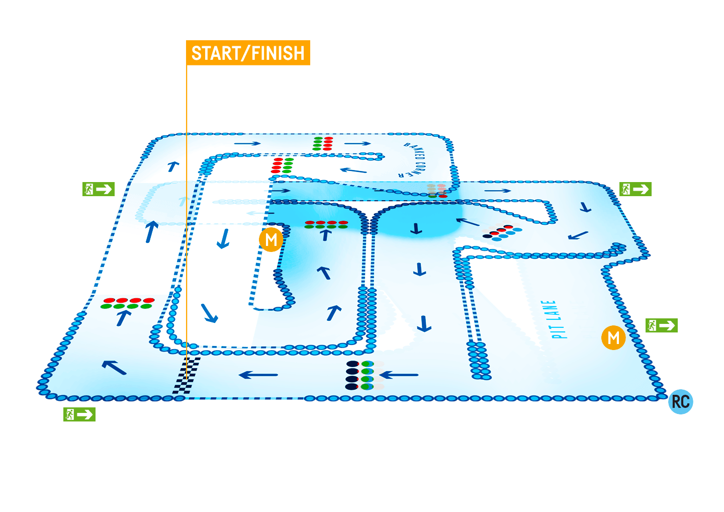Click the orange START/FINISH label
(x=248, y=53)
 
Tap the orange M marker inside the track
(x=271, y=239)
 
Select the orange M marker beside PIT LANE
(x=613, y=337)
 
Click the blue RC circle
(x=680, y=402)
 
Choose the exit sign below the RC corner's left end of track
(x=79, y=414)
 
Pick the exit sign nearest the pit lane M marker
(x=661, y=325)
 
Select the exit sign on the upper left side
(x=99, y=189)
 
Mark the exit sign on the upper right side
(x=636, y=189)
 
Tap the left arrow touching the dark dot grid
(x=399, y=375)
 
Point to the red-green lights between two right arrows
(x=323, y=143)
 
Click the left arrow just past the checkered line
(x=258, y=375)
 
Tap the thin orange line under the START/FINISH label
(x=187, y=201)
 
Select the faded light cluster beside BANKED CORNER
(x=436, y=190)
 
